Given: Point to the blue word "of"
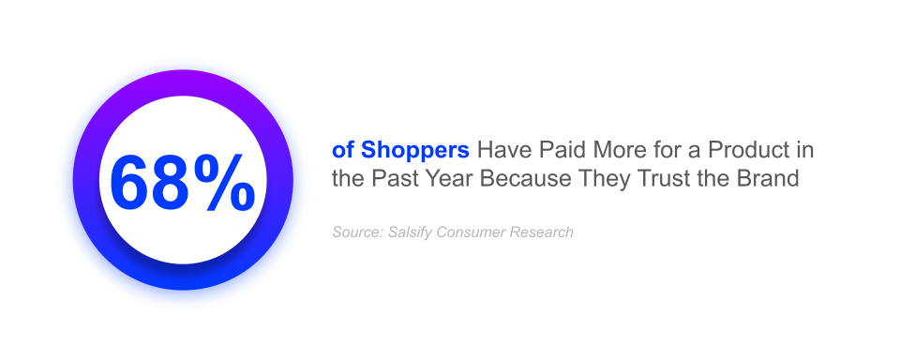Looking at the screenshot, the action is [x=343, y=150].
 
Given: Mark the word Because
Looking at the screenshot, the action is [x=525, y=178].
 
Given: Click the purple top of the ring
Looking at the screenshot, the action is [x=183, y=82].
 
